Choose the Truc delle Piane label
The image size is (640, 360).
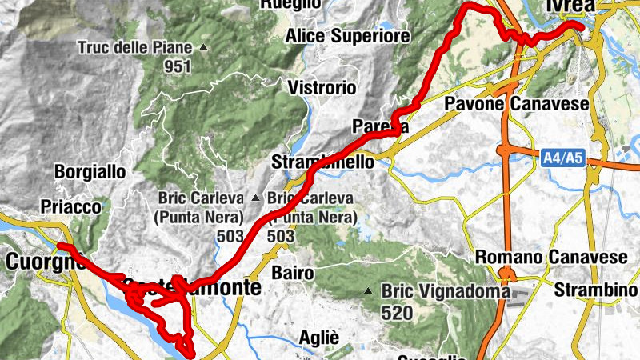tap(135, 48)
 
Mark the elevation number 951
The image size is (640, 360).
tap(177, 67)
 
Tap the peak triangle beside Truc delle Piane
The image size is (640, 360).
tap(203, 48)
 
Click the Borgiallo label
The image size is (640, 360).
tap(90, 171)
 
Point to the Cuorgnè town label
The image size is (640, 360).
tap(45, 261)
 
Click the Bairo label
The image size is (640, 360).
tap(292, 273)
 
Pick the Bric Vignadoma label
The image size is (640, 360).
tap(446, 292)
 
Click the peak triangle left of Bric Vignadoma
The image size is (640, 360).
tap(369, 291)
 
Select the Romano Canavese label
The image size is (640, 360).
tap(552, 258)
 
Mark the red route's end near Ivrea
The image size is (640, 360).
tap(578, 26)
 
